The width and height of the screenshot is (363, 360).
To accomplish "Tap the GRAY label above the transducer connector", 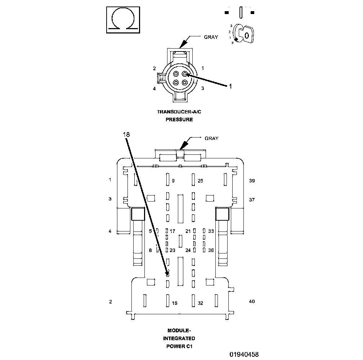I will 211,37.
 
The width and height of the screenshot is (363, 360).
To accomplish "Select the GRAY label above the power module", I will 211,138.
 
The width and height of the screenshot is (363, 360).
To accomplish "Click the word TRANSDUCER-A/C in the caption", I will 179,112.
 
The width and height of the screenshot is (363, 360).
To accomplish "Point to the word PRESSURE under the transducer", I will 179,120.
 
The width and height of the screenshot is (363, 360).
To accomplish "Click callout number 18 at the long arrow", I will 126,134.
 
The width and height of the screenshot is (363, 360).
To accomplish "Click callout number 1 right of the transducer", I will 231,86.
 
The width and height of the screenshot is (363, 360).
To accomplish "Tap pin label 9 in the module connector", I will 173,181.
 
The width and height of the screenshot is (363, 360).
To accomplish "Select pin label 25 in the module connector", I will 200,181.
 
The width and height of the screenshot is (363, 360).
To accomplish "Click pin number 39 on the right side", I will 252,180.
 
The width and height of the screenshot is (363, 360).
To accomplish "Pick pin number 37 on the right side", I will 252,200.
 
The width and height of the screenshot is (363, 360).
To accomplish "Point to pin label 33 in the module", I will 211,231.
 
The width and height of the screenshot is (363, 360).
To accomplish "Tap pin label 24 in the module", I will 188,251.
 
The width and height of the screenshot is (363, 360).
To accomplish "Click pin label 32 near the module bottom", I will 200,303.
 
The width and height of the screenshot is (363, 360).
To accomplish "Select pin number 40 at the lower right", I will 252,301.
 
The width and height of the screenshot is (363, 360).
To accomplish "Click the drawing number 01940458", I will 244,355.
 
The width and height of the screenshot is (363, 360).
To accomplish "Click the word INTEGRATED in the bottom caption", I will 179,338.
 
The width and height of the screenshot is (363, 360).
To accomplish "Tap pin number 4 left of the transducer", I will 154,88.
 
